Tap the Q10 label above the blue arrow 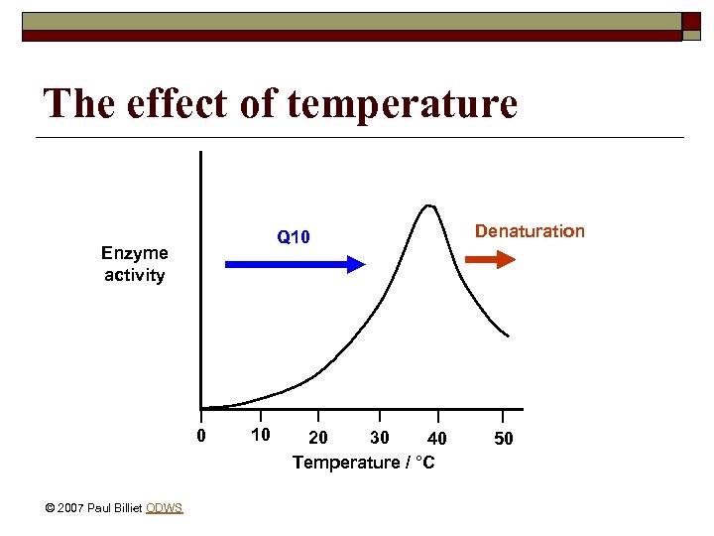coord(294,237)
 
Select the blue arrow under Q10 coord(296,264)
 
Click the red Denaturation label coord(530,231)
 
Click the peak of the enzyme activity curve coord(429,206)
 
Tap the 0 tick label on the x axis coord(201,437)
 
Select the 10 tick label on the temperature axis coord(260,436)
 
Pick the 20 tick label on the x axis coord(318,439)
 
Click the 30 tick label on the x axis coord(379,438)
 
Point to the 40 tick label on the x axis coord(436,439)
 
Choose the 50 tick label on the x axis coord(504,439)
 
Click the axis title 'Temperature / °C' coord(363,463)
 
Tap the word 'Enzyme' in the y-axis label coord(135,253)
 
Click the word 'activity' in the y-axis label coord(134,275)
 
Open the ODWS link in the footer coord(164,508)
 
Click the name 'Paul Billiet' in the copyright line coord(114,508)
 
